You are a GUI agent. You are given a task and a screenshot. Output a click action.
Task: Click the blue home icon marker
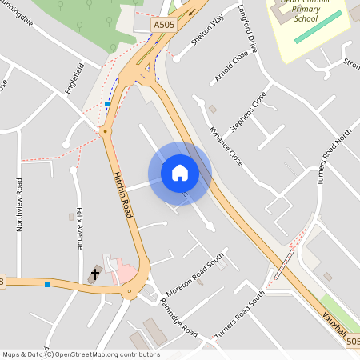[180, 172]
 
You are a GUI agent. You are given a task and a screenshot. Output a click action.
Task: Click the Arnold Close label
[231, 67]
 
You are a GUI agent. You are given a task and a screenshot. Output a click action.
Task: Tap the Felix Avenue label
[80, 228]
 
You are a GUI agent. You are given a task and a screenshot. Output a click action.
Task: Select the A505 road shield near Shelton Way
[163, 26]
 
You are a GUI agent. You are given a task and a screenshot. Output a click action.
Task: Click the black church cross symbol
[95, 274]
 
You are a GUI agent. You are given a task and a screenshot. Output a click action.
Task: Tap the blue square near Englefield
[107, 104]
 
